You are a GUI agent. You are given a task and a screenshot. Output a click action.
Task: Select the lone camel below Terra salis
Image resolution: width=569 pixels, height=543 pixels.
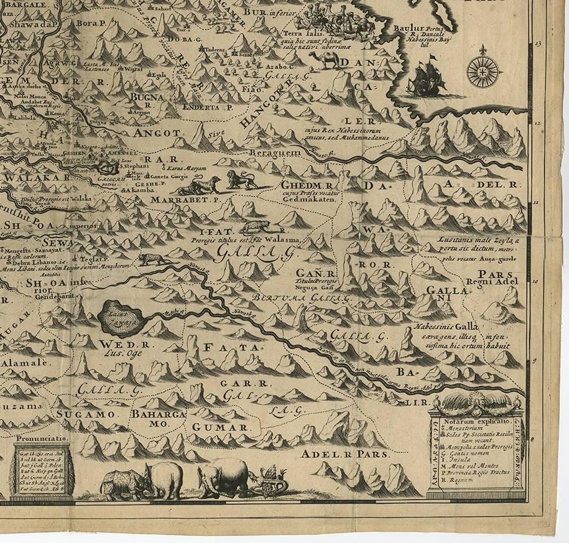[x=325, y=59]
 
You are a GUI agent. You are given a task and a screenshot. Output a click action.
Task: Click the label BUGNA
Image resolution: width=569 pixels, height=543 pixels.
[x=145, y=98]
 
